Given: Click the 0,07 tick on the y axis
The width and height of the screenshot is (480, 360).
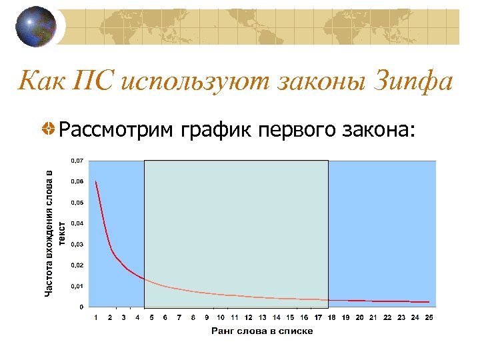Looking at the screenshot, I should pyautogui.click(x=78, y=161).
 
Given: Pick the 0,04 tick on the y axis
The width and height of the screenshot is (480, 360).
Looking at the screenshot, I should pyautogui.click(x=78, y=223).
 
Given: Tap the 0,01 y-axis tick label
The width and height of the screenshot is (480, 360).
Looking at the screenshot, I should pyautogui.click(x=78, y=286).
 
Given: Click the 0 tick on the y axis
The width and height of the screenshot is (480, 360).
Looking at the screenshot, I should pyautogui.click(x=81, y=307).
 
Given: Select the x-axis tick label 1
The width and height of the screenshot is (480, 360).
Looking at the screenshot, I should pyautogui.click(x=96, y=317).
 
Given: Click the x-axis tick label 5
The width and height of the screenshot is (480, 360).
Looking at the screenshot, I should pyautogui.click(x=151, y=317).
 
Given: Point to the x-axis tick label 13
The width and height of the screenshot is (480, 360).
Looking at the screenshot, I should pyautogui.click(x=262, y=317).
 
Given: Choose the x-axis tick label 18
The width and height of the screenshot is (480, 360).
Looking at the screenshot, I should pyautogui.click(x=331, y=317).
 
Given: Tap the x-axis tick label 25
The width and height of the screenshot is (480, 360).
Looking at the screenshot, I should pyautogui.click(x=429, y=317).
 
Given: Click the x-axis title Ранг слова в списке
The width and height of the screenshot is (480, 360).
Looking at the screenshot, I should pyautogui.click(x=262, y=331).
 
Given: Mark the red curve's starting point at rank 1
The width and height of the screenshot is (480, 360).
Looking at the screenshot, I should pyautogui.click(x=96, y=181).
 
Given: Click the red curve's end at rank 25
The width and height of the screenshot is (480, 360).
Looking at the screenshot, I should pyautogui.click(x=429, y=302).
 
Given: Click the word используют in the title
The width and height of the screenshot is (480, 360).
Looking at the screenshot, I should pyautogui.click(x=189, y=82).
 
